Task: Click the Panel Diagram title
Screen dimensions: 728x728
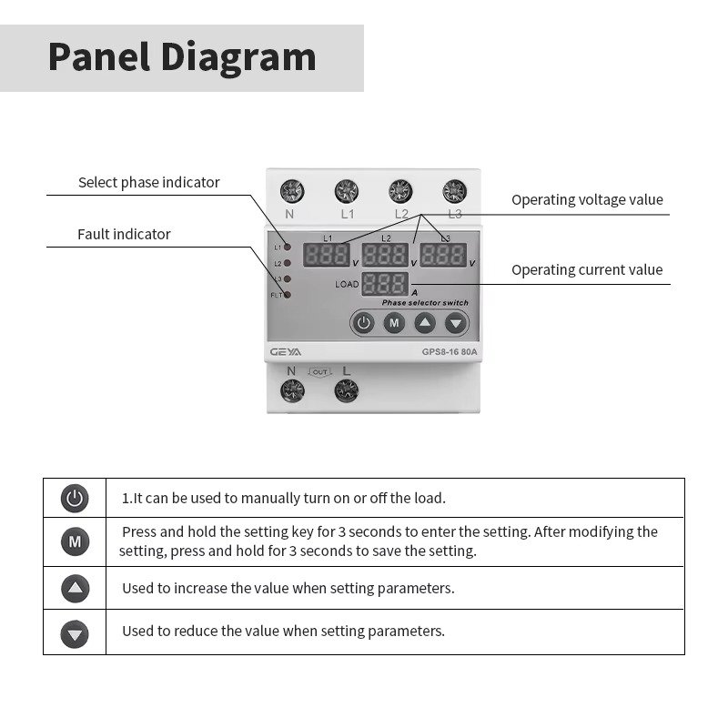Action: pyautogui.click(x=182, y=57)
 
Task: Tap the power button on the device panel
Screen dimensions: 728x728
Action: pyautogui.click(x=363, y=323)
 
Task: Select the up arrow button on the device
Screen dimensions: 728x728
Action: pyautogui.click(x=425, y=323)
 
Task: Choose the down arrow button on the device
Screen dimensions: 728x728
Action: pyautogui.click(x=456, y=323)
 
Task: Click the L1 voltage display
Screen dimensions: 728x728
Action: pyautogui.click(x=327, y=255)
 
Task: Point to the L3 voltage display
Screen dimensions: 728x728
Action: pyautogui.click(x=443, y=255)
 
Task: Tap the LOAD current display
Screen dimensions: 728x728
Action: pyautogui.click(x=385, y=284)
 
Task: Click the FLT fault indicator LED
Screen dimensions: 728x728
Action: pyautogui.click(x=287, y=295)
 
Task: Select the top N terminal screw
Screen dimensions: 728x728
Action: pyautogui.click(x=292, y=191)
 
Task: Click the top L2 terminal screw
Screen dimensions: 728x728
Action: pyautogui.click(x=400, y=191)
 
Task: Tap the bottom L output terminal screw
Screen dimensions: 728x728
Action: pyautogui.click(x=347, y=390)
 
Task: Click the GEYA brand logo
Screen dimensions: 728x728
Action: pyautogui.click(x=286, y=352)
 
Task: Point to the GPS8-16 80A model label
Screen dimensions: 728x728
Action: pyautogui.click(x=450, y=352)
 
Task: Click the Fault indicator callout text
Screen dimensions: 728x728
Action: pyautogui.click(x=124, y=234)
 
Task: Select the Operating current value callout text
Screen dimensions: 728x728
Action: pyautogui.click(x=587, y=269)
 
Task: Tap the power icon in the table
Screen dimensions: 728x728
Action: pyautogui.click(x=75, y=498)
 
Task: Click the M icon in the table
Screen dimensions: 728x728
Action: pyautogui.click(x=75, y=541)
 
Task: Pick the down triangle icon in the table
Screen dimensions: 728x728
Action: pyautogui.click(x=75, y=633)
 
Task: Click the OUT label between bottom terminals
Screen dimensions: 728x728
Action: pyautogui.click(x=320, y=372)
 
